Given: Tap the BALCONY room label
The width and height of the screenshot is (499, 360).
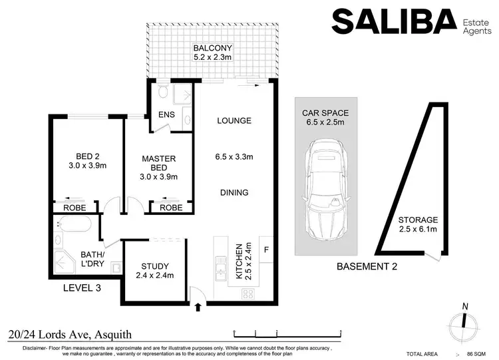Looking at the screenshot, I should tap(213, 48).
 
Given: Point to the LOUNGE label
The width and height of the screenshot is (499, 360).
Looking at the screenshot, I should tap(234, 121).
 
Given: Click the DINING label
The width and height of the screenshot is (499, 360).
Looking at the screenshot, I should tap(234, 193).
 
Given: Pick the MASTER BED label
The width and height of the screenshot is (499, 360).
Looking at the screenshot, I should tap(158, 164).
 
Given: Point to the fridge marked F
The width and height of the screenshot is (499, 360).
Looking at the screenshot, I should tap(266, 250).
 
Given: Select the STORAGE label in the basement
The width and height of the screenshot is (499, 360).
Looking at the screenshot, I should tap(418, 220).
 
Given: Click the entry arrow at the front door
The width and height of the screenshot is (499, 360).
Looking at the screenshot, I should tap(198, 307).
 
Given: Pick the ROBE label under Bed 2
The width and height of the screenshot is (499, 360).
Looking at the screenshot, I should tap(74, 208).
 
